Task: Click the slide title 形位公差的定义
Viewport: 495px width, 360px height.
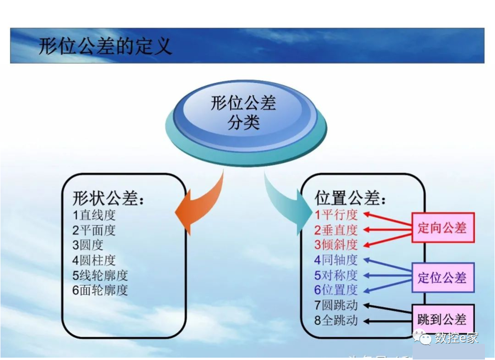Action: [105, 46]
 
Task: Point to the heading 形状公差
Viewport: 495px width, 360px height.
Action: [108, 198]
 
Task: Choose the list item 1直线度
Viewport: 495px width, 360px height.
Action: [94, 215]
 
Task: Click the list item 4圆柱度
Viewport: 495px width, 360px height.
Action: [94, 260]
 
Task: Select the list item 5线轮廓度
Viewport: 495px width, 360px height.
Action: [100, 275]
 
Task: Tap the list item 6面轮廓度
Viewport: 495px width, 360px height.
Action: [100, 290]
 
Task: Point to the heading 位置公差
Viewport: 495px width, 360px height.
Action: [350, 198]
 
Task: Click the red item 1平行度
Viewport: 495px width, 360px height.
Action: [335, 215]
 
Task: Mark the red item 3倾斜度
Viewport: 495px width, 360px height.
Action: [335, 244]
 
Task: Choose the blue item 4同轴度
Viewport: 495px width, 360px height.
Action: [335, 260]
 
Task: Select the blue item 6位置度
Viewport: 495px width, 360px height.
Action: [335, 290]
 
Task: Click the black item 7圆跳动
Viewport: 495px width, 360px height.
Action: [335, 305]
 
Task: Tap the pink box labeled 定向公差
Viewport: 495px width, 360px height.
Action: [442, 227]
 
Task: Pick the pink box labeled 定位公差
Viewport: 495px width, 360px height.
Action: [442, 277]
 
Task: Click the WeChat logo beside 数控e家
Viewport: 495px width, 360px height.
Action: [423, 338]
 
